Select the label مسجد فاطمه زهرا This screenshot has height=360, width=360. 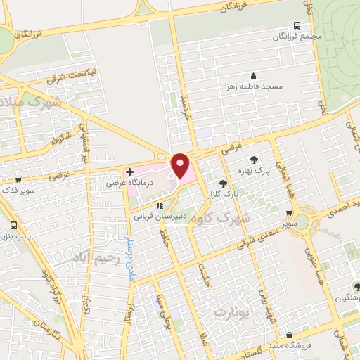point(254,86)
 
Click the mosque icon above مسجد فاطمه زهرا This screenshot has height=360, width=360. point(254,76)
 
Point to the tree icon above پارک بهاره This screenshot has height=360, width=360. point(254,160)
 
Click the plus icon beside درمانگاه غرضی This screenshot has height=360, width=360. point(129,171)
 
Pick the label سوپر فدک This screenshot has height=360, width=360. point(18,191)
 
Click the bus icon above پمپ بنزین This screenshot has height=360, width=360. point(15,226)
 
